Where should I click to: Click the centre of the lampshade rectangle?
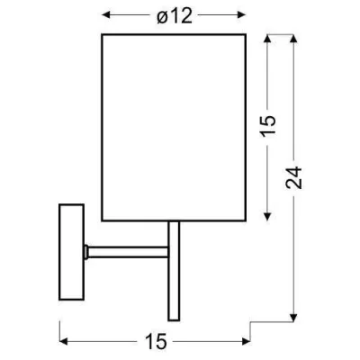point(174,128)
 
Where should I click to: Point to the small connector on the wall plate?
point(84,247)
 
